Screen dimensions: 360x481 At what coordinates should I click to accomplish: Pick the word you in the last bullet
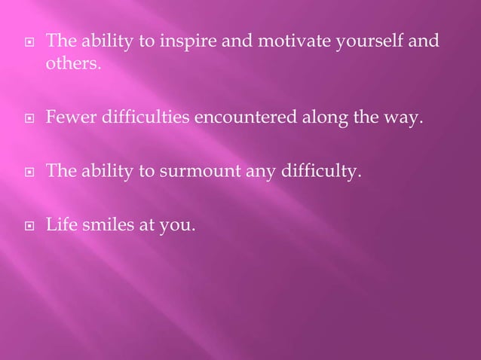coord(178,225)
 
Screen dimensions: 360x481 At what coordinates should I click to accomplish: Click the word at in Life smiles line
coord(149,224)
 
